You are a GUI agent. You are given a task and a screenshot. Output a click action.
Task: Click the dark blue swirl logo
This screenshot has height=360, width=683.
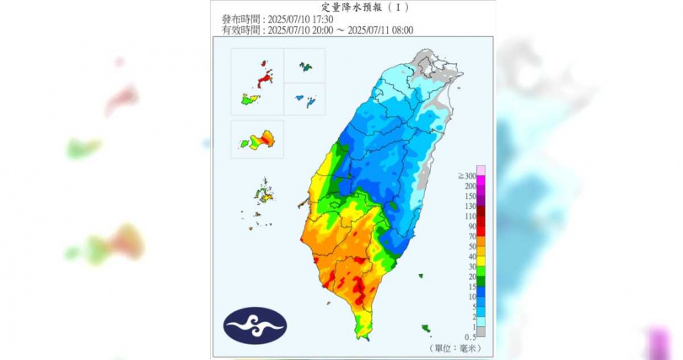click(255, 325)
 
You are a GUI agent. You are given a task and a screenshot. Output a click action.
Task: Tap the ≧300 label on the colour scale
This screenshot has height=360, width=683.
click(465, 175)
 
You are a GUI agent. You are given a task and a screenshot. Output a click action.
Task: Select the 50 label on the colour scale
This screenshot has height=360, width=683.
click(471, 245)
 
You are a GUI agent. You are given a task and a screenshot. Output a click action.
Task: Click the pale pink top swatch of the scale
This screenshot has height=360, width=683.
click(481, 169)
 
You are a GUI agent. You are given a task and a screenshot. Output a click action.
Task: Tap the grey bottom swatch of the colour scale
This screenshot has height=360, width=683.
click(481, 331)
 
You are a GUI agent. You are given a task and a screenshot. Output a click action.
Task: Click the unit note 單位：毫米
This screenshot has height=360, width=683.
click(456, 347)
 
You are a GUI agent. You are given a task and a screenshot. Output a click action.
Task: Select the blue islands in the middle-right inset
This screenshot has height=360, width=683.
click(305, 101)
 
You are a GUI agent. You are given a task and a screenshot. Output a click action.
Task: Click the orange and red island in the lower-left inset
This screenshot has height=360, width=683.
click(261, 139)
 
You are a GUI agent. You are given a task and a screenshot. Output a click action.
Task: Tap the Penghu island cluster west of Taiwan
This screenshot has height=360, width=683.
click(265, 196)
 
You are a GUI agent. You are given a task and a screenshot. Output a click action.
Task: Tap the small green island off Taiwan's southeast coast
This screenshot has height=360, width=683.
click(427, 328)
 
